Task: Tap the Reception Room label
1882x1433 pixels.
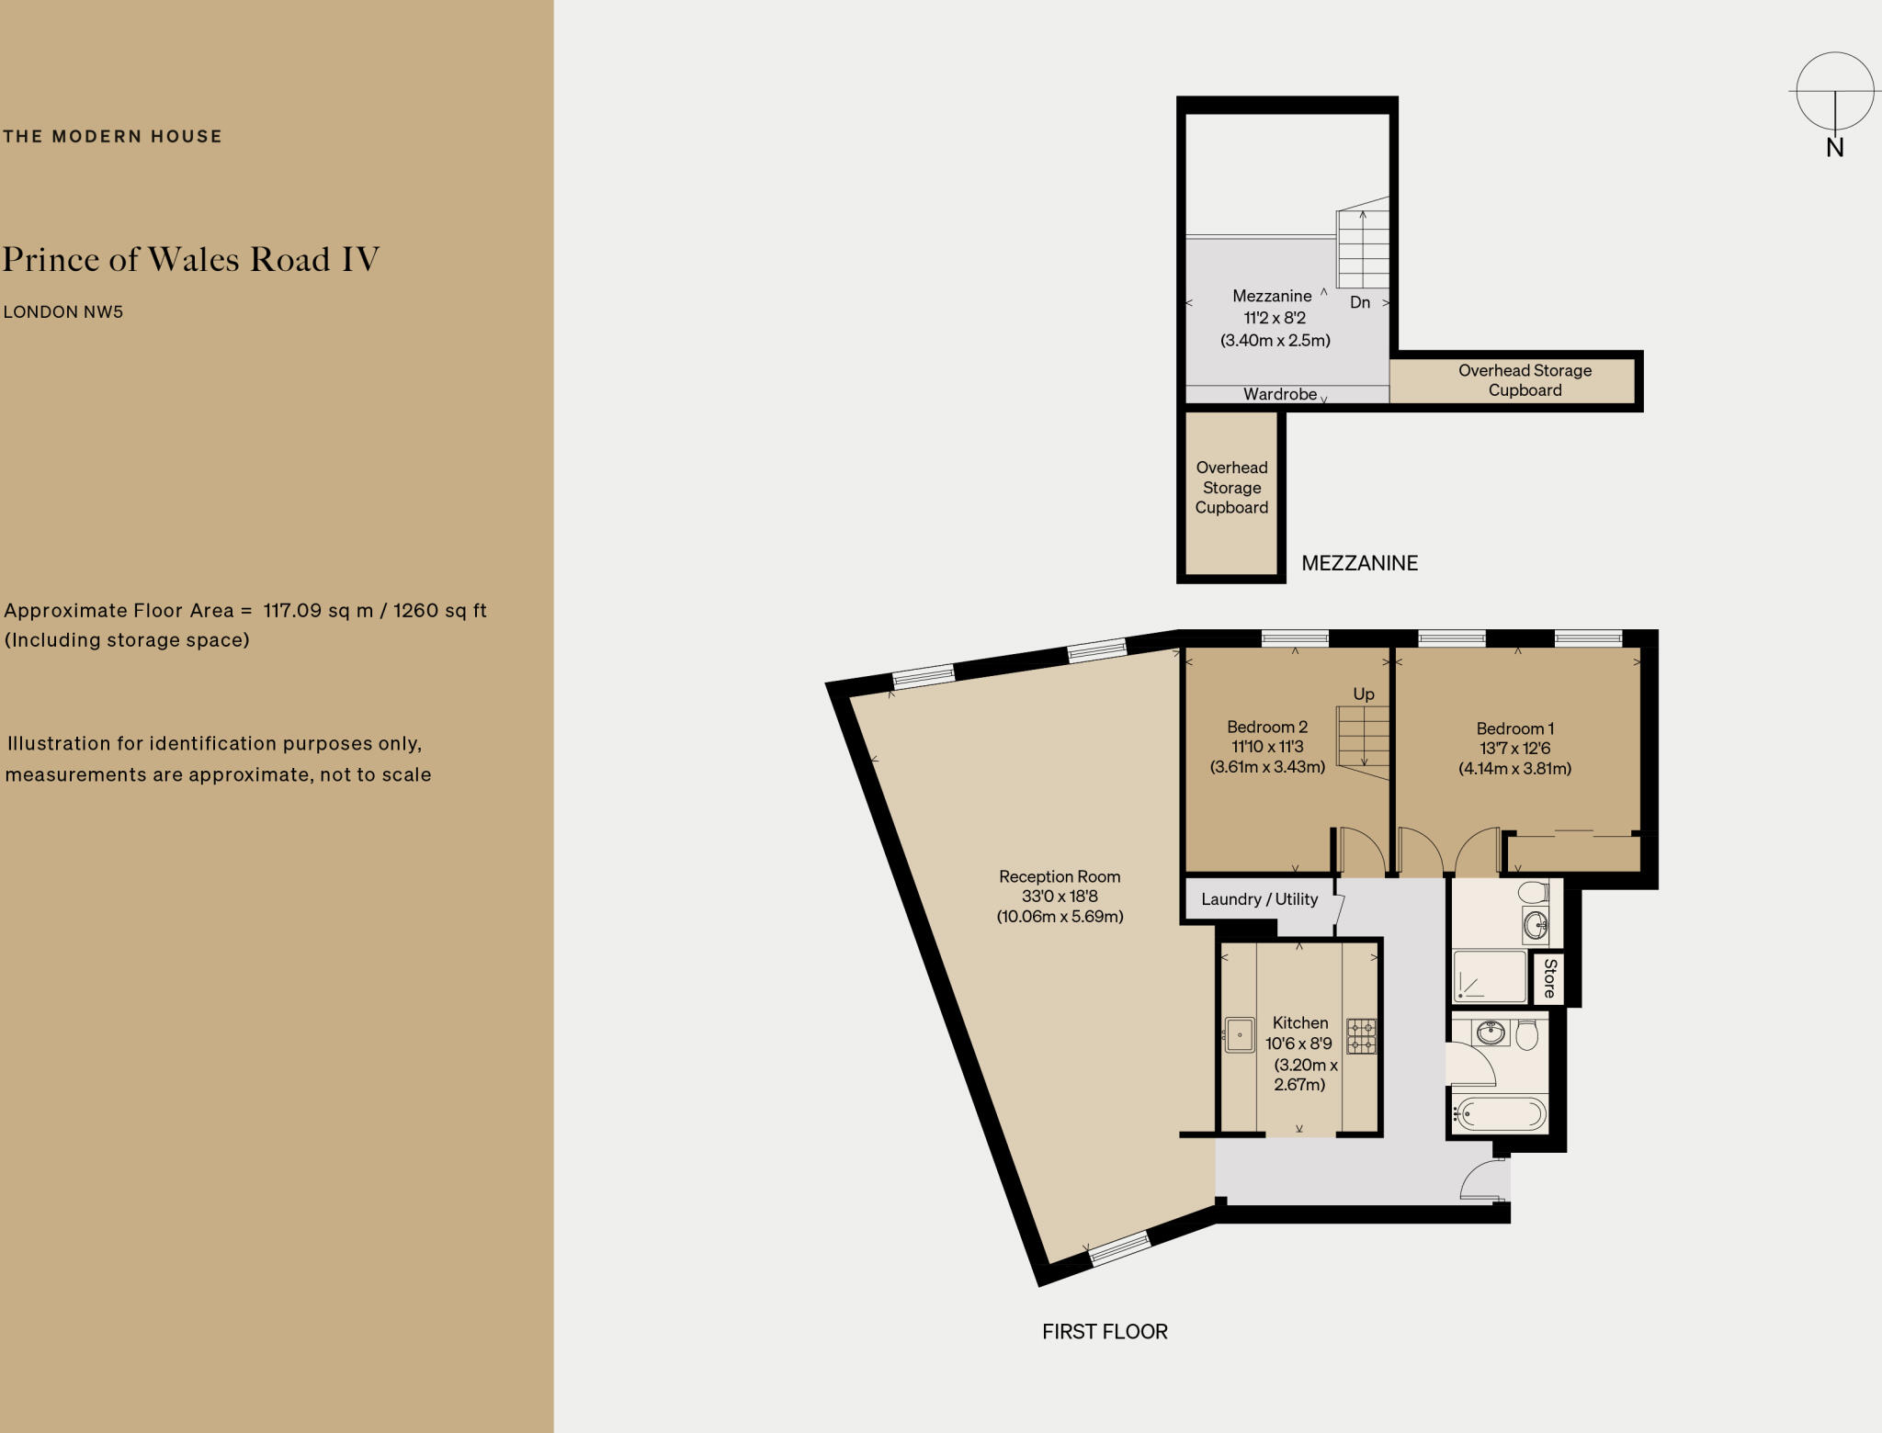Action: coord(1060,876)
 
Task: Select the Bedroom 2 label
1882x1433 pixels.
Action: coord(1267,727)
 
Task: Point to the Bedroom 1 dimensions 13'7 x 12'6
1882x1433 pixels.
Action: coord(1514,749)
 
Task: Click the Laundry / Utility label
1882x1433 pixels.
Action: coord(1259,899)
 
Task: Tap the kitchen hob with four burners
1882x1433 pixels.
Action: coord(1361,1035)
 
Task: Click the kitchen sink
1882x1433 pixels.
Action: coord(1240,1034)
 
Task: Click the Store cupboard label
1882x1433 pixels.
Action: coord(1549,977)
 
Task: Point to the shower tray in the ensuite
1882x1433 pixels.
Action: coord(1489,976)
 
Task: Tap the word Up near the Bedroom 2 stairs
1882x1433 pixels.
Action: coord(1364,694)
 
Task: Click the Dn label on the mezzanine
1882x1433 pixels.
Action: coord(1360,302)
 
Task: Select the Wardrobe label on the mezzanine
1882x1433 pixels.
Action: coord(1280,394)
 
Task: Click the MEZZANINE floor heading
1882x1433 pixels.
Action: coord(1359,563)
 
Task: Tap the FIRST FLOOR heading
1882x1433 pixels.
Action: coord(1105,1331)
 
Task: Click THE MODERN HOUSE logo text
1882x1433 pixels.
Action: coord(112,137)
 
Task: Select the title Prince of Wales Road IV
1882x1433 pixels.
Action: coord(191,259)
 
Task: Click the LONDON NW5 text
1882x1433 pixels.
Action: coord(63,311)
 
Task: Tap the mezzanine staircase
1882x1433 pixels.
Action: coord(1362,249)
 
